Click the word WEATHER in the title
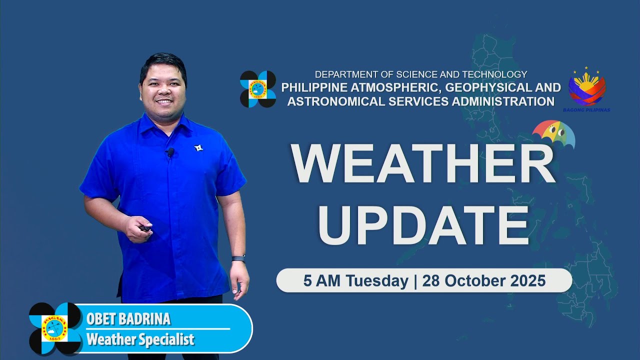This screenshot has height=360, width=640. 423,165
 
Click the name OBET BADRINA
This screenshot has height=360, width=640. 128,319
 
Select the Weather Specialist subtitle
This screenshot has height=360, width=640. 140,340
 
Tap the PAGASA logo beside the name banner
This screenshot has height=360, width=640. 55,328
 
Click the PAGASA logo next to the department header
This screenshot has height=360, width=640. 257,89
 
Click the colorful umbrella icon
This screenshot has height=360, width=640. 553,134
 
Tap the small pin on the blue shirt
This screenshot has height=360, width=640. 198,148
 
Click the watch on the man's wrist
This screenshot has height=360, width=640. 238,258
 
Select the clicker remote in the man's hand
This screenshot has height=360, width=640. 145,228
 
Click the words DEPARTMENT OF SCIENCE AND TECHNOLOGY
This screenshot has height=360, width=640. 420,74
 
